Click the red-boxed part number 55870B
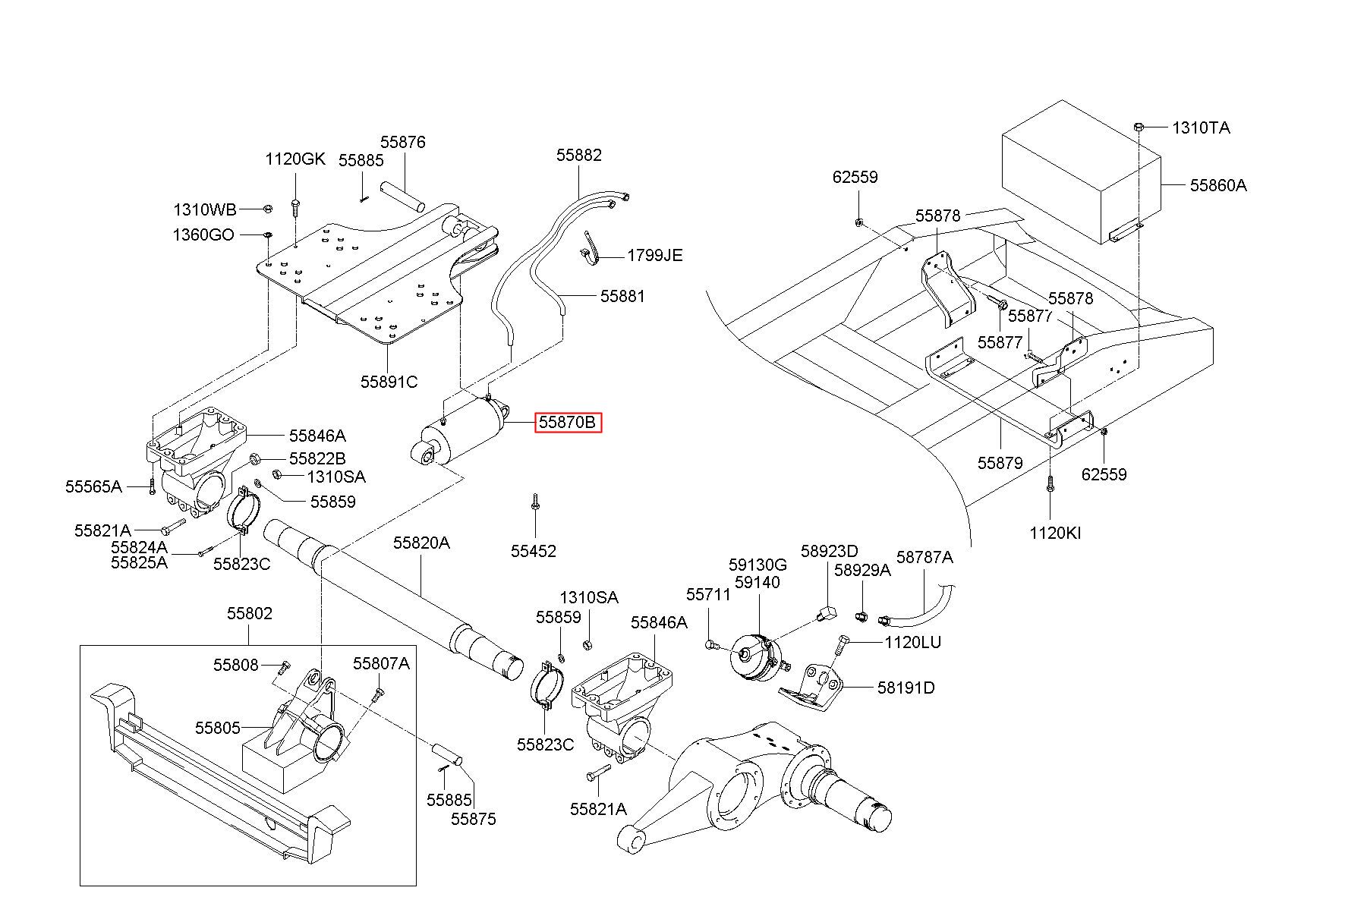(569, 423)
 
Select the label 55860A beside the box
(1218, 185)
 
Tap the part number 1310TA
(1202, 127)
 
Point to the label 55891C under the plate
(389, 382)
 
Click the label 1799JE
(654, 255)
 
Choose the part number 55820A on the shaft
(421, 543)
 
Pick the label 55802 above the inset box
(249, 613)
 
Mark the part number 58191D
(906, 688)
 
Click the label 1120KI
(1055, 533)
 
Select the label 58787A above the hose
(924, 557)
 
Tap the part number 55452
(533, 551)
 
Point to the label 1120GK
(295, 159)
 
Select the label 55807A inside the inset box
(381, 663)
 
